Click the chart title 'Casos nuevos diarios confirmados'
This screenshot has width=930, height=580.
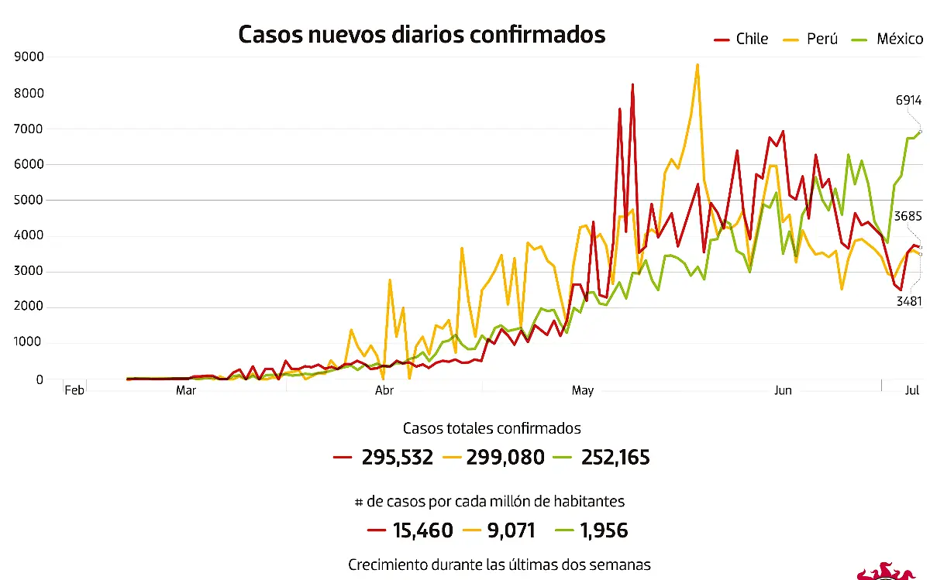[x=422, y=35]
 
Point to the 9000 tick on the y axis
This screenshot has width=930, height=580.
[x=29, y=57]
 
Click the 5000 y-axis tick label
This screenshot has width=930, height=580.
[x=29, y=200]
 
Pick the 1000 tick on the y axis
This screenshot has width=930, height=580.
[x=29, y=343]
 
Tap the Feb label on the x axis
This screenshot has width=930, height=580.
[x=74, y=390]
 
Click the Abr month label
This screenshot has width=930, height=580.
[x=384, y=390]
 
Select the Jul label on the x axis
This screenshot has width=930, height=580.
[x=912, y=390]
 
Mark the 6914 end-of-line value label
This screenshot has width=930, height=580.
[x=908, y=100]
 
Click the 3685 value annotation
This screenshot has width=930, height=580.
[x=908, y=217]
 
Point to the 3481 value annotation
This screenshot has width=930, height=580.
[x=908, y=300]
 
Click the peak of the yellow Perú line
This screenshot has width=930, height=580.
[x=697, y=65]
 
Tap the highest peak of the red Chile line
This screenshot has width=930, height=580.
[x=632, y=84]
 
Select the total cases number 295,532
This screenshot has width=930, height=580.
[x=397, y=458]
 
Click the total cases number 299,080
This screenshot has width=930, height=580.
[x=505, y=458]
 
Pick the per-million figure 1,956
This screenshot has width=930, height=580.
[x=602, y=530]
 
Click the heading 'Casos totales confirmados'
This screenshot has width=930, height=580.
[x=491, y=428]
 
